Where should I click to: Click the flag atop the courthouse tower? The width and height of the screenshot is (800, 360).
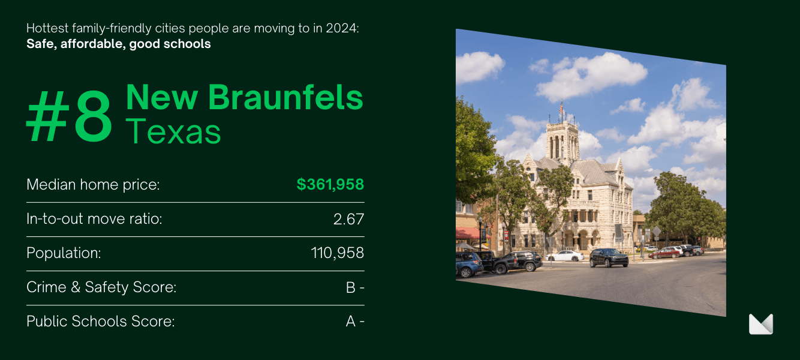[x=561, y=107]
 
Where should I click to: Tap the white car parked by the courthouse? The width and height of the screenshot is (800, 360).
[x=565, y=256]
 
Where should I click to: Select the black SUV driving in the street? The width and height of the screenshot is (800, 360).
[x=609, y=257]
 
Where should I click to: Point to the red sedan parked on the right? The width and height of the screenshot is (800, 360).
[x=664, y=253]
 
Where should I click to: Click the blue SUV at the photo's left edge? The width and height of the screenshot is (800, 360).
[x=469, y=265]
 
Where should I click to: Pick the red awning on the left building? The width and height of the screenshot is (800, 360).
[x=471, y=233]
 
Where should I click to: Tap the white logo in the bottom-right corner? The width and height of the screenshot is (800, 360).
[x=760, y=324]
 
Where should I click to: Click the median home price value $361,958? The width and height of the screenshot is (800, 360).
[x=330, y=184]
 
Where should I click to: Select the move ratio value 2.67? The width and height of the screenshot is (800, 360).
[x=348, y=219]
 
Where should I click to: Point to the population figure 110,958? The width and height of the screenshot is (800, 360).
[x=337, y=253]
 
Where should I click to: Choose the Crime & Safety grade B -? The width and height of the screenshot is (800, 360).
[x=355, y=287]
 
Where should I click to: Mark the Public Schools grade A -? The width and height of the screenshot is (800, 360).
[x=355, y=322]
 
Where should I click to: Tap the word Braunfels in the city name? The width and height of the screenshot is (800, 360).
[x=285, y=97]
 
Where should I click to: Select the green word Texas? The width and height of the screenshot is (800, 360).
[x=173, y=131]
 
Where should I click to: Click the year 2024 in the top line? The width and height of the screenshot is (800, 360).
[x=342, y=28]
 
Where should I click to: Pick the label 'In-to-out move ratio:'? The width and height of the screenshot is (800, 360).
[x=94, y=219]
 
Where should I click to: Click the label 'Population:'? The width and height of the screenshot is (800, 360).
[x=64, y=253]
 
